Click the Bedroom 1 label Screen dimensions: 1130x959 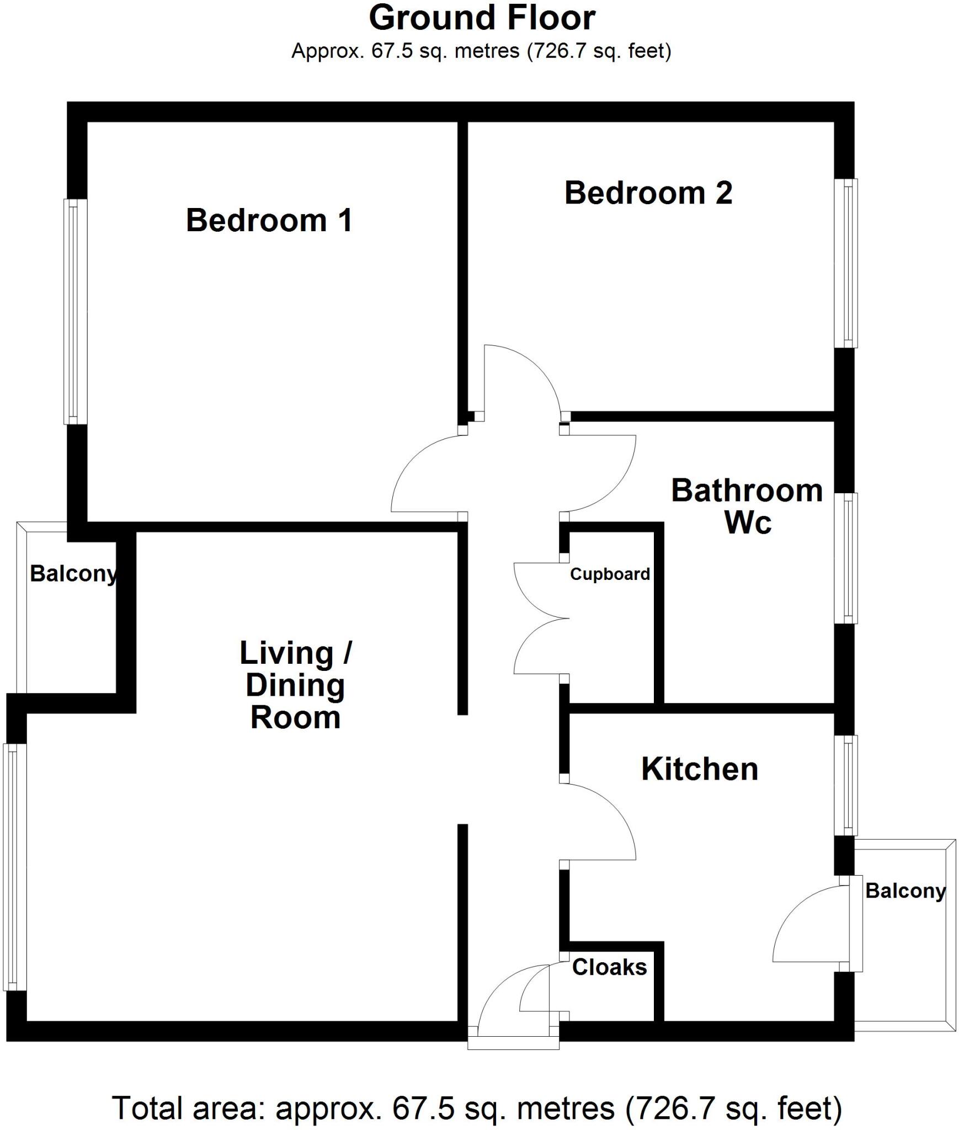269,220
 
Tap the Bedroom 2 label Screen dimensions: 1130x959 648,193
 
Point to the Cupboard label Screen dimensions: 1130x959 610,574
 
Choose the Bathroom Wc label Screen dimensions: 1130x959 747,506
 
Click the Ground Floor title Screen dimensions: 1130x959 482,18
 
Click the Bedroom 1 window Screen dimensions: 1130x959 75,312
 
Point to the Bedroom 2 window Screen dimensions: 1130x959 845,263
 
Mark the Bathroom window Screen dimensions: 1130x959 845,558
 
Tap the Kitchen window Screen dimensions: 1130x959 845,785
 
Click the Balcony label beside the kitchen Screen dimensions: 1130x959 905,891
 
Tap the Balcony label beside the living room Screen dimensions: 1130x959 73,574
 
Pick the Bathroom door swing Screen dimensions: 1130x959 599,475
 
